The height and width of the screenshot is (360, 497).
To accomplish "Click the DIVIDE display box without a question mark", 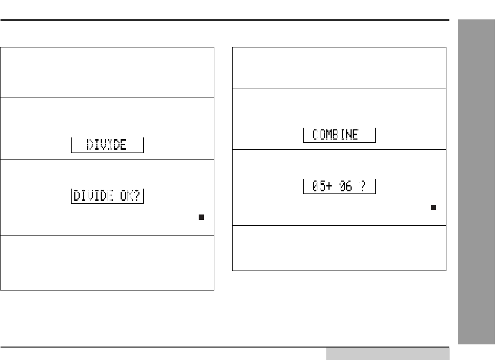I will pos(108,145).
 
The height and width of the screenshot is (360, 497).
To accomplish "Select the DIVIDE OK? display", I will pos(108,196).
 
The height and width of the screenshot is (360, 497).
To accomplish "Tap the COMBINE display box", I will pos(339,135).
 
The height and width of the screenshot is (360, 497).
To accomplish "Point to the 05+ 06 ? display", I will pos(339,186).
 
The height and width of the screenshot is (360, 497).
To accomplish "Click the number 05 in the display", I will pos(318,186).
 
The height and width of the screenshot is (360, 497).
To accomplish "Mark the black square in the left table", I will pos(201,217).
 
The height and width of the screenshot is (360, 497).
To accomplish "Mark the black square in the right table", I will pos(433,207).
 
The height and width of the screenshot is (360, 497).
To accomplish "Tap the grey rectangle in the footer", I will pos(387,354).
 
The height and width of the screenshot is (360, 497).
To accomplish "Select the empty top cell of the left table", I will pos(108,72).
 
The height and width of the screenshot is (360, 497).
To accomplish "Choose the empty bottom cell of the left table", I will pos(108,262).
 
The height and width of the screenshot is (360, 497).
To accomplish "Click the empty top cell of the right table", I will pos(339,67).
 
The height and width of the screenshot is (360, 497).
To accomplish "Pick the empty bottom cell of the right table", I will pos(339,247).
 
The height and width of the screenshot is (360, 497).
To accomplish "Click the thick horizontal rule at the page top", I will pos(225,21).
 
